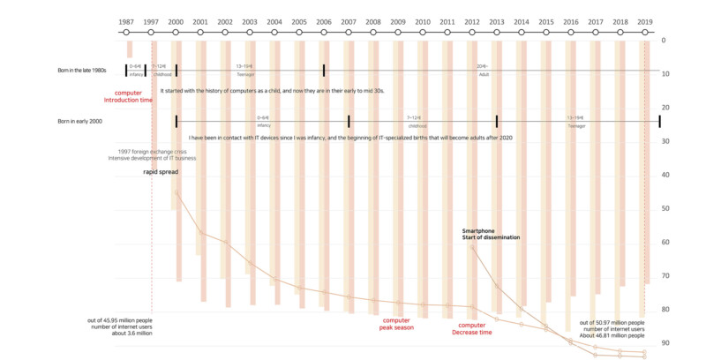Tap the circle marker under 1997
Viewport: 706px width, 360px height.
(151, 32)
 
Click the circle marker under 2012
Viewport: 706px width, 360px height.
(472, 32)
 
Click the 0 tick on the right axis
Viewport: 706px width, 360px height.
(664, 41)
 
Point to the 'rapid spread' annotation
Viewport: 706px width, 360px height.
(161, 172)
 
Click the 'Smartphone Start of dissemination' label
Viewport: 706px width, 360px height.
(491, 234)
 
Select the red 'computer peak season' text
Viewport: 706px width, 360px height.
(397, 323)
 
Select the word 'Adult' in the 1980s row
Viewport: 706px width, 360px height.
(483, 75)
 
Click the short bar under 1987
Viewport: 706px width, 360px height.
(130, 49)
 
